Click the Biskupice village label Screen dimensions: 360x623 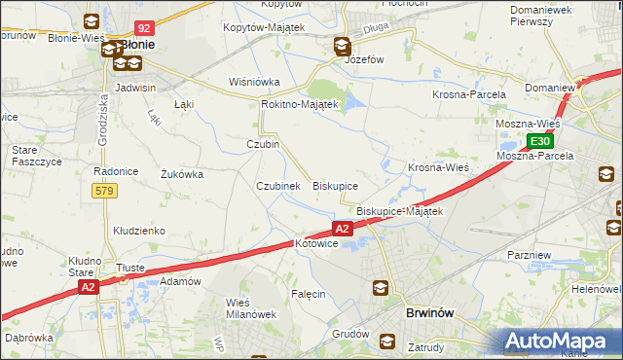tap(335, 185)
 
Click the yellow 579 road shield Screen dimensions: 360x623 tap(105, 191)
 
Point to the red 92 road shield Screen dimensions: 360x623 tap(143, 29)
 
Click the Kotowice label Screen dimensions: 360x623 tap(315, 243)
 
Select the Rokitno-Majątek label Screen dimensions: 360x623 tap(299, 104)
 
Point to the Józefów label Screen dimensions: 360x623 tap(366, 58)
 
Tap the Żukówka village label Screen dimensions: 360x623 tap(180, 175)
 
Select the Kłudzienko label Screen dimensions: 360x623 tap(139, 231)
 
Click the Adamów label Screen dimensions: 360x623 tap(180, 281)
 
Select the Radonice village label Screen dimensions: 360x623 tap(114, 170)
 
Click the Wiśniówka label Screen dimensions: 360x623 tap(254, 82)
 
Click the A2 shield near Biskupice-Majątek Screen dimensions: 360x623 tap(342, 229)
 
